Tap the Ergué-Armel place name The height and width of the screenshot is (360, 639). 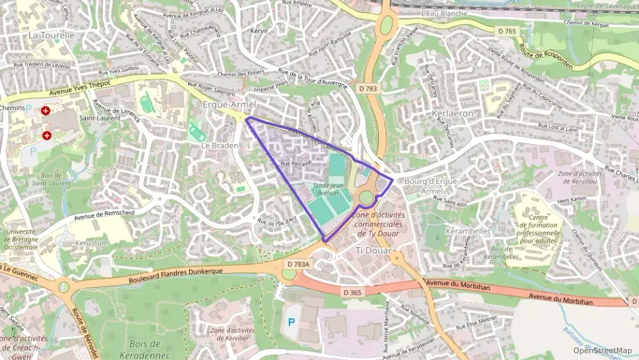(229, 105)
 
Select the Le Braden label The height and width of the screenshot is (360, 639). (219, 146)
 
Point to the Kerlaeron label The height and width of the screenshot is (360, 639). (452, 113)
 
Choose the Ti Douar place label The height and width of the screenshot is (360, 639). (373, 251)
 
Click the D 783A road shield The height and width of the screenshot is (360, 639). (298, 264)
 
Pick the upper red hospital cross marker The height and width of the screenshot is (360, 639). (46, 110)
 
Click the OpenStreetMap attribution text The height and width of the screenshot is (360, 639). (602, 350)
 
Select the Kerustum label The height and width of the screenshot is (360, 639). (93, 243)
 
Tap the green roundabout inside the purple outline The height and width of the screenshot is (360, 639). (367, 198)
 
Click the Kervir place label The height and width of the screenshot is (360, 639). (259, 31)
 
